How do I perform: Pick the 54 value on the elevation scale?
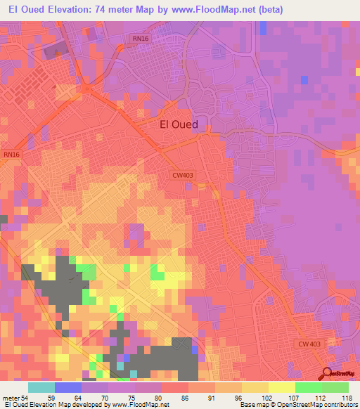[x=25, y=398]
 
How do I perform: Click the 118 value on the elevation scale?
[x=347, y=398]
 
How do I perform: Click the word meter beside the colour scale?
[x=11, y=398]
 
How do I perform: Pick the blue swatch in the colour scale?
[x=68, y=387]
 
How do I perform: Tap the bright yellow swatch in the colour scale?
[x=282, y=387]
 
